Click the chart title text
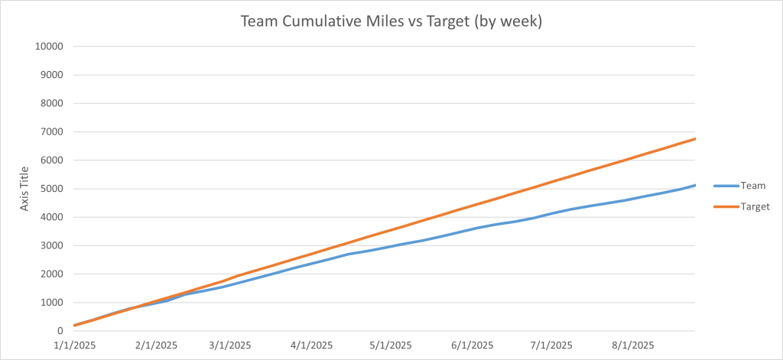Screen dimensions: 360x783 click(x=391, y=21)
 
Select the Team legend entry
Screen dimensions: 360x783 click(x=753, y=185)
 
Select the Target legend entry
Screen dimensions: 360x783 click(x=755, y=206)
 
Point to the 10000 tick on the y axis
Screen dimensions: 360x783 click(x=47, y=47)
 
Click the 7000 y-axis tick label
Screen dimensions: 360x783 click(x=50, y=131)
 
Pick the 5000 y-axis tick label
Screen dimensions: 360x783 click(x=50, y=189)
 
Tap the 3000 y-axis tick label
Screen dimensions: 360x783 click(x=50, y=245)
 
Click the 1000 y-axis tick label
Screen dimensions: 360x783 click(x=50, y=303)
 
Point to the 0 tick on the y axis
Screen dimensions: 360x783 click(x=59, y=331)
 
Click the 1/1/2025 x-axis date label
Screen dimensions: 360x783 click(x=74, y=345)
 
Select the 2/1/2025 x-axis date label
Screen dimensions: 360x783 click(x=155, y=345)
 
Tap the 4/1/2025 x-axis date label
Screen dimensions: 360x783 click(x=310, y=345)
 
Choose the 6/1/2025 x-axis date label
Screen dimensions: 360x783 click(x=471, y=345)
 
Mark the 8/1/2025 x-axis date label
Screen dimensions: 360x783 click(x=632, y=345)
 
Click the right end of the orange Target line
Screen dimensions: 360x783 click(x=694, y=139)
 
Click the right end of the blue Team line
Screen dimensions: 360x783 click(x=694, y=185)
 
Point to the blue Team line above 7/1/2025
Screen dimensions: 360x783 click(x=551, y=213)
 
